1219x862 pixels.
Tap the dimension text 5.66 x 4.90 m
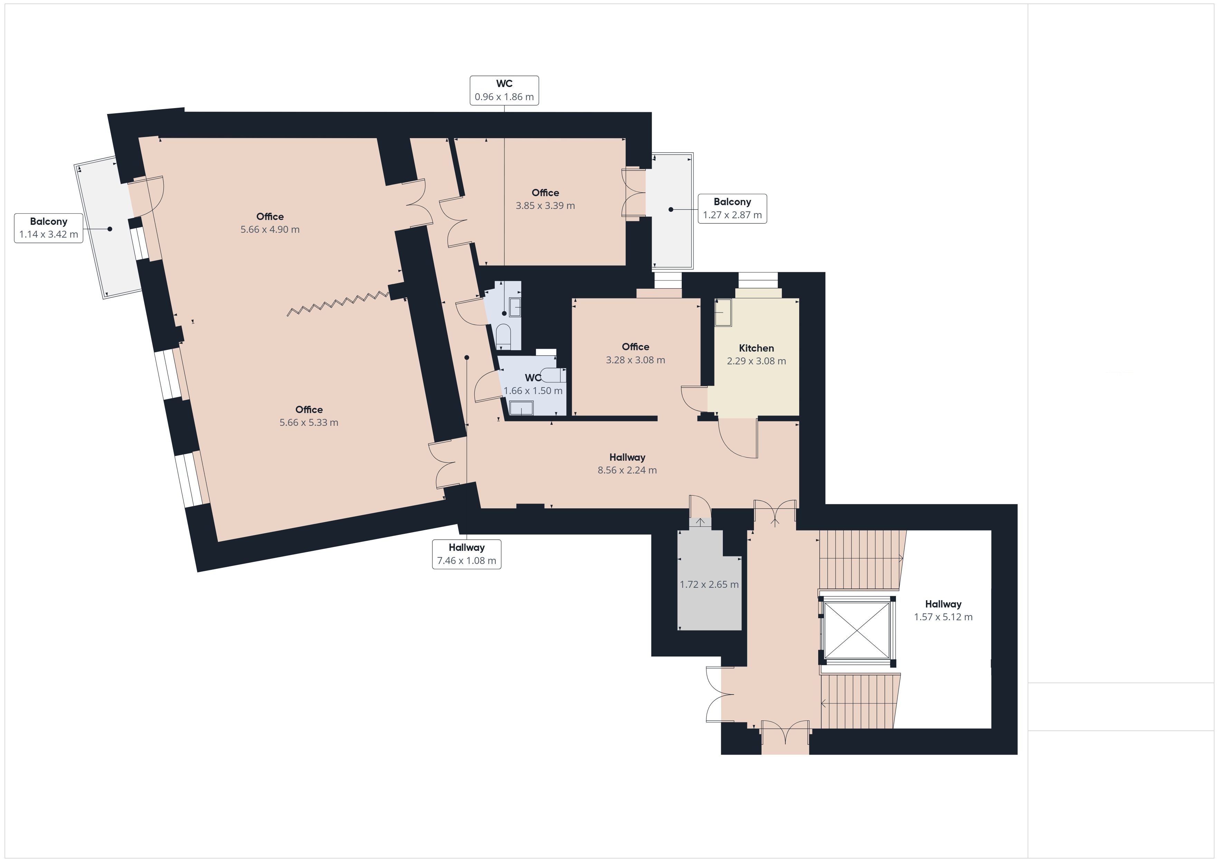(x=270, y=229)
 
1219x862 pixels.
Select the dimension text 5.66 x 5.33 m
(x=309, y=422)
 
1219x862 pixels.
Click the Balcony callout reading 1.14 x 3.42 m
(x=48, y=228)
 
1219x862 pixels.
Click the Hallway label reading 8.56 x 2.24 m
(x=627, y=463)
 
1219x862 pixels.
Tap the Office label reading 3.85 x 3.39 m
(x=545, y=199)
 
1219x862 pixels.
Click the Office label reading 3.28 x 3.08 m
(x=635, y=353)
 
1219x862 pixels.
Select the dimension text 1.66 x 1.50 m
(x=533, y=391)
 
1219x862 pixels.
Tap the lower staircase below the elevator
(x=860, y=701)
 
